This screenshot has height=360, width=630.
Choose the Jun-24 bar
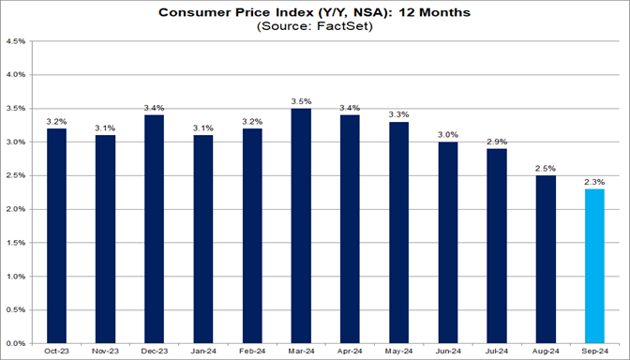pos(448,243)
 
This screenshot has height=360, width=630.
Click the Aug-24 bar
pos(546,260)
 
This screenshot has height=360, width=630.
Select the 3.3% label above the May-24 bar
pos(398,112)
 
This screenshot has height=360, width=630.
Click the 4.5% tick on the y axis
pos(16,41)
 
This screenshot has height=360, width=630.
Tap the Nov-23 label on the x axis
pos(104,352)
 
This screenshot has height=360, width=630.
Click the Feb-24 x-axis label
pos(251,352)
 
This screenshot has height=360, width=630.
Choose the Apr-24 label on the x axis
pos(350,352)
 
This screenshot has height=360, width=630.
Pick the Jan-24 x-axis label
pos(202,352)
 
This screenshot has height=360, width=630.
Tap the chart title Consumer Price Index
pos(262,12)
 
